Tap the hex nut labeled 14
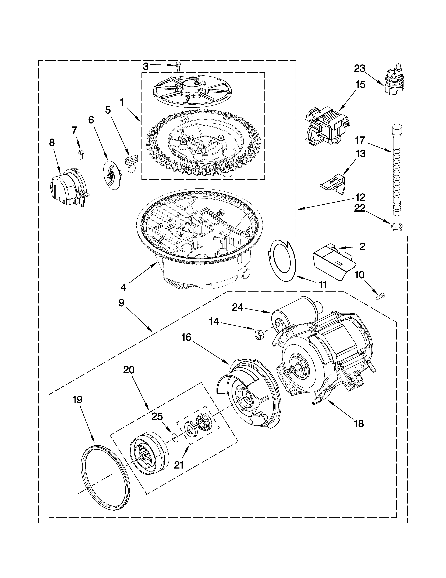click(x=257, y=335)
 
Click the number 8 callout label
click(x=52, y=143)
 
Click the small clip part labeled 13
click(x=334, y=183)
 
